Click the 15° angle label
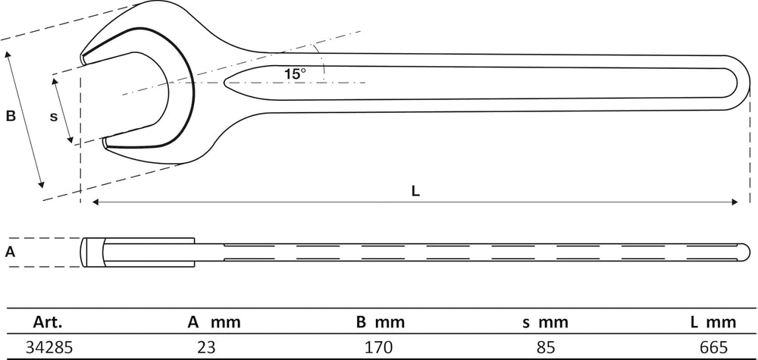[295, 74]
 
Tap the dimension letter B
[11, 116]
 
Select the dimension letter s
[54, 117]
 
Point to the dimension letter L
[415, 191]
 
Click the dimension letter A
[10, 252]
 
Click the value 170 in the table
[379, 347]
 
